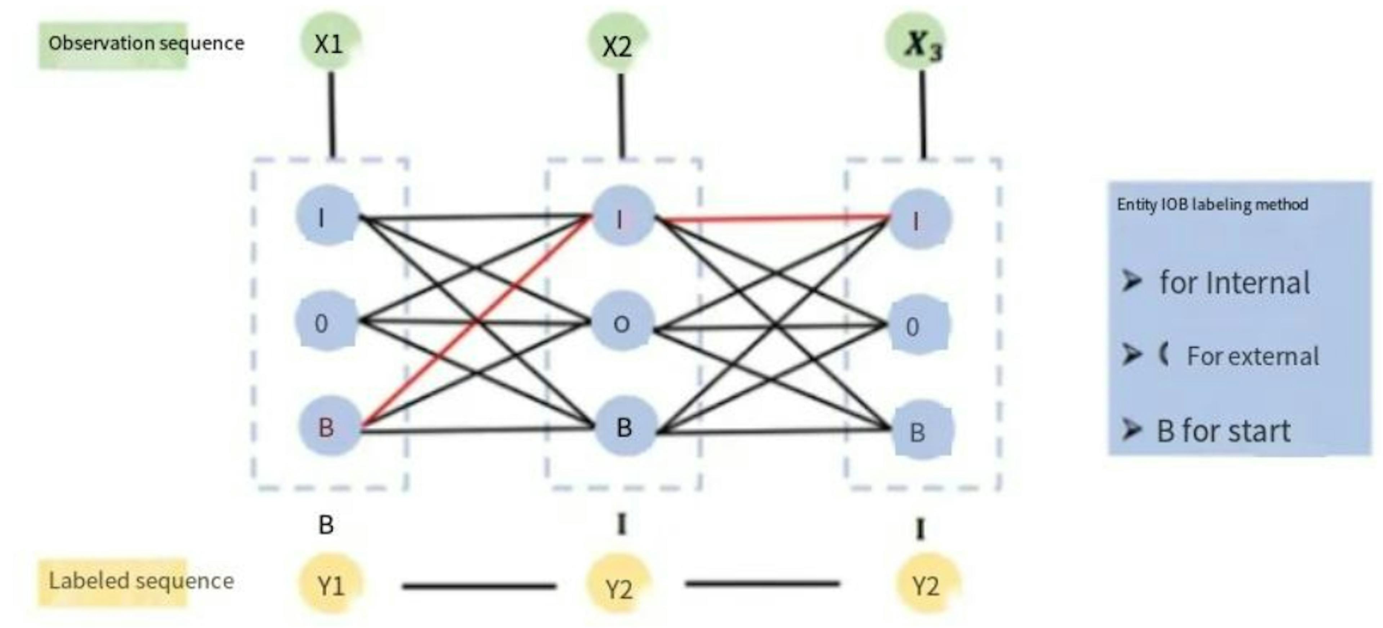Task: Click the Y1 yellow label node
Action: [x=331, y=584]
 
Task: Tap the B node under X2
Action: [x=625, y=428]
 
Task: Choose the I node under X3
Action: [x=919, y=219]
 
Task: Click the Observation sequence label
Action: [x=146, y=43]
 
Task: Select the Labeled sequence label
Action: [x=141, y=581]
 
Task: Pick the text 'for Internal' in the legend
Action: [x=1234, y=283]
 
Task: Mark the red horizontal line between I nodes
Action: [x=773, y=218]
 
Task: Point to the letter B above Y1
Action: [x=326, y=525]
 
